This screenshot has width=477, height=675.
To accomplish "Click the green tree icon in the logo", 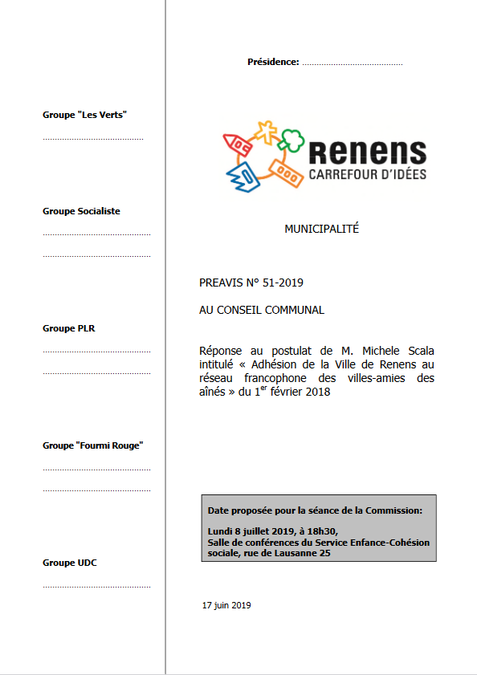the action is pos(292,139).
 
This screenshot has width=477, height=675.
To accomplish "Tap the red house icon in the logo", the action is pos(237,144).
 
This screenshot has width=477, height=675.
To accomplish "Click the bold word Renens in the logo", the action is pos(367,152).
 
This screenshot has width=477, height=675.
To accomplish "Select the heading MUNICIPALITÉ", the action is pos(321,229).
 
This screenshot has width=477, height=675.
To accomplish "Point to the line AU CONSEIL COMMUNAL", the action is pos(262,309).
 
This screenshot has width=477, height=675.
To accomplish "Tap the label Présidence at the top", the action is pos(273,62).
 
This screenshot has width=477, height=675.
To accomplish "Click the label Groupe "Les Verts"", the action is pos(84,115).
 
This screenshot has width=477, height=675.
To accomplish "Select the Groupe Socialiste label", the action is pos(81,211).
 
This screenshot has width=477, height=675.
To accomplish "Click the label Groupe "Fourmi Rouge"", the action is pos(92,445).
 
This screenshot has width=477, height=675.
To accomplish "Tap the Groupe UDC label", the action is pos(70,563).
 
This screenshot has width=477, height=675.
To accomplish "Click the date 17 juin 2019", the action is pos(226,605).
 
